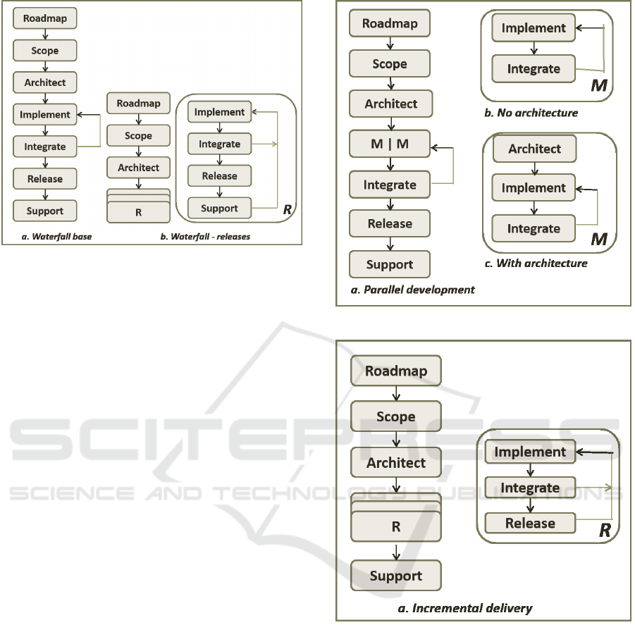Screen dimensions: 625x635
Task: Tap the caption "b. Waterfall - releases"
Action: click(205, 236)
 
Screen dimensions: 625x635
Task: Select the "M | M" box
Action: click(390, 145)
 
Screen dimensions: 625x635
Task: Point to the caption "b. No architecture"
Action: click(537, 113)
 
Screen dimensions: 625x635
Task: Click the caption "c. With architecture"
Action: click(541, 264)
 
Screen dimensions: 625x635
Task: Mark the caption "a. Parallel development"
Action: click(412, 289)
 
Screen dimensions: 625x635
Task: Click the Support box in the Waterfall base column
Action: click(45, 211)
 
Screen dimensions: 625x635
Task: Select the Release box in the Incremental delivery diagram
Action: click(530, 524)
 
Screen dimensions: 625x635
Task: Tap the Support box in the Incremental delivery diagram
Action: click(395, 576)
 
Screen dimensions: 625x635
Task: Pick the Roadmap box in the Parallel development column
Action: click(390, 23)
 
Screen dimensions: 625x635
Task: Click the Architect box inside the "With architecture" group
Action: click(535, 149)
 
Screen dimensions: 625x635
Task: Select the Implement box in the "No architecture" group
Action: click(534, 28)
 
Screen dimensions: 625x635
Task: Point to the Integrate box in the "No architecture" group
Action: click(534, 69)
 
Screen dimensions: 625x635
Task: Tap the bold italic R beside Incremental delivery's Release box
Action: click(604, 530)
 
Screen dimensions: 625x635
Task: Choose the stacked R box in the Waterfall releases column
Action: click(138, 211)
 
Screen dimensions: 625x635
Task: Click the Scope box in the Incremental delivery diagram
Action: click(395, 416)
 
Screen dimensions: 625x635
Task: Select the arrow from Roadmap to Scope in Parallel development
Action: click(390, 44)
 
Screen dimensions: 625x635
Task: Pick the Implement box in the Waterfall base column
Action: click(45, 114)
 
